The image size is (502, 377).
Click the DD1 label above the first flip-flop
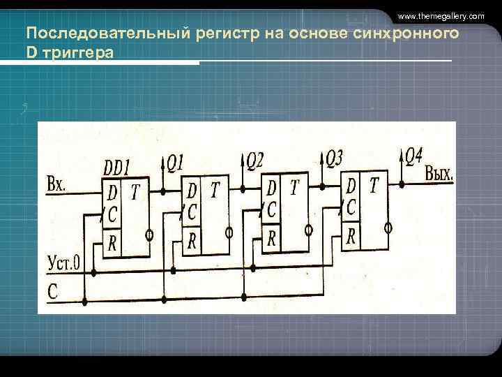117,168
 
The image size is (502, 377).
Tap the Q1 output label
174,163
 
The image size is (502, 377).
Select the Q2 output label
254,162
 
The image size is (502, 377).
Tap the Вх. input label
56,185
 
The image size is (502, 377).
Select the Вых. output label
439,174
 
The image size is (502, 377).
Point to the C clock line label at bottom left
52,292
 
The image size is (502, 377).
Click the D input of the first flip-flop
112,191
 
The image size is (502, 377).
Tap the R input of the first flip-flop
112,244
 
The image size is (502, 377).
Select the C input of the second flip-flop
192,211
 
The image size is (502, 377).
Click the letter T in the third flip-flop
295,187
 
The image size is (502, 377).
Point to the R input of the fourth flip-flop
351,236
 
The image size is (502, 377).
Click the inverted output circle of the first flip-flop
149,235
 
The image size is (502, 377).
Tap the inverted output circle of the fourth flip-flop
388,227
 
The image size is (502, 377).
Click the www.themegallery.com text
441,15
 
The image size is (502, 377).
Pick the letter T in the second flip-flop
215,189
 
